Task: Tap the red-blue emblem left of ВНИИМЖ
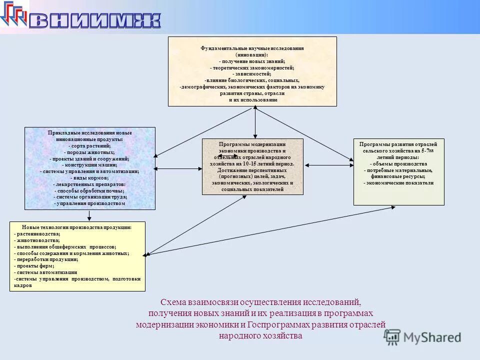point(14,14)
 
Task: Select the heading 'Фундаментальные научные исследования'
point(252,48)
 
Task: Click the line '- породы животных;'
point(89,152)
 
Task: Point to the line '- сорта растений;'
point(89,145)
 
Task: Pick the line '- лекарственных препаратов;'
point(89,184)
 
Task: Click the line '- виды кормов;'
point(89,178)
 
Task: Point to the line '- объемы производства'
point(398,163)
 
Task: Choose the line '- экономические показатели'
point(398,183)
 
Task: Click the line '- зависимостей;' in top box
point(252,74)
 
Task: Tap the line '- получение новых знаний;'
point(252,61)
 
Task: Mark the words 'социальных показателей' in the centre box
point(252,190)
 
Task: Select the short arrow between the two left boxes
point(89,215)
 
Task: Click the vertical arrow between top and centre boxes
point(255,122)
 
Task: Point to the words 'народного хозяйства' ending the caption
point(260,335)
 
